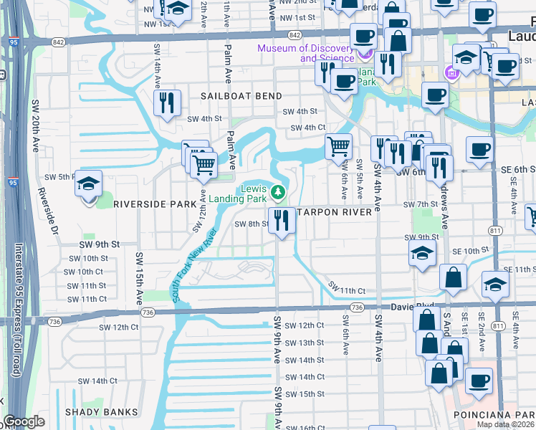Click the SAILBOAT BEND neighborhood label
240,96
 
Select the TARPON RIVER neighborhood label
334,212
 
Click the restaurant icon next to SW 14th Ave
167,102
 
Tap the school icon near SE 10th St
423,252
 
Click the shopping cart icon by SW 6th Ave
338,147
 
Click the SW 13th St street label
305,343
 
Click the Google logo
24,421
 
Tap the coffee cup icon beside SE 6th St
479,149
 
